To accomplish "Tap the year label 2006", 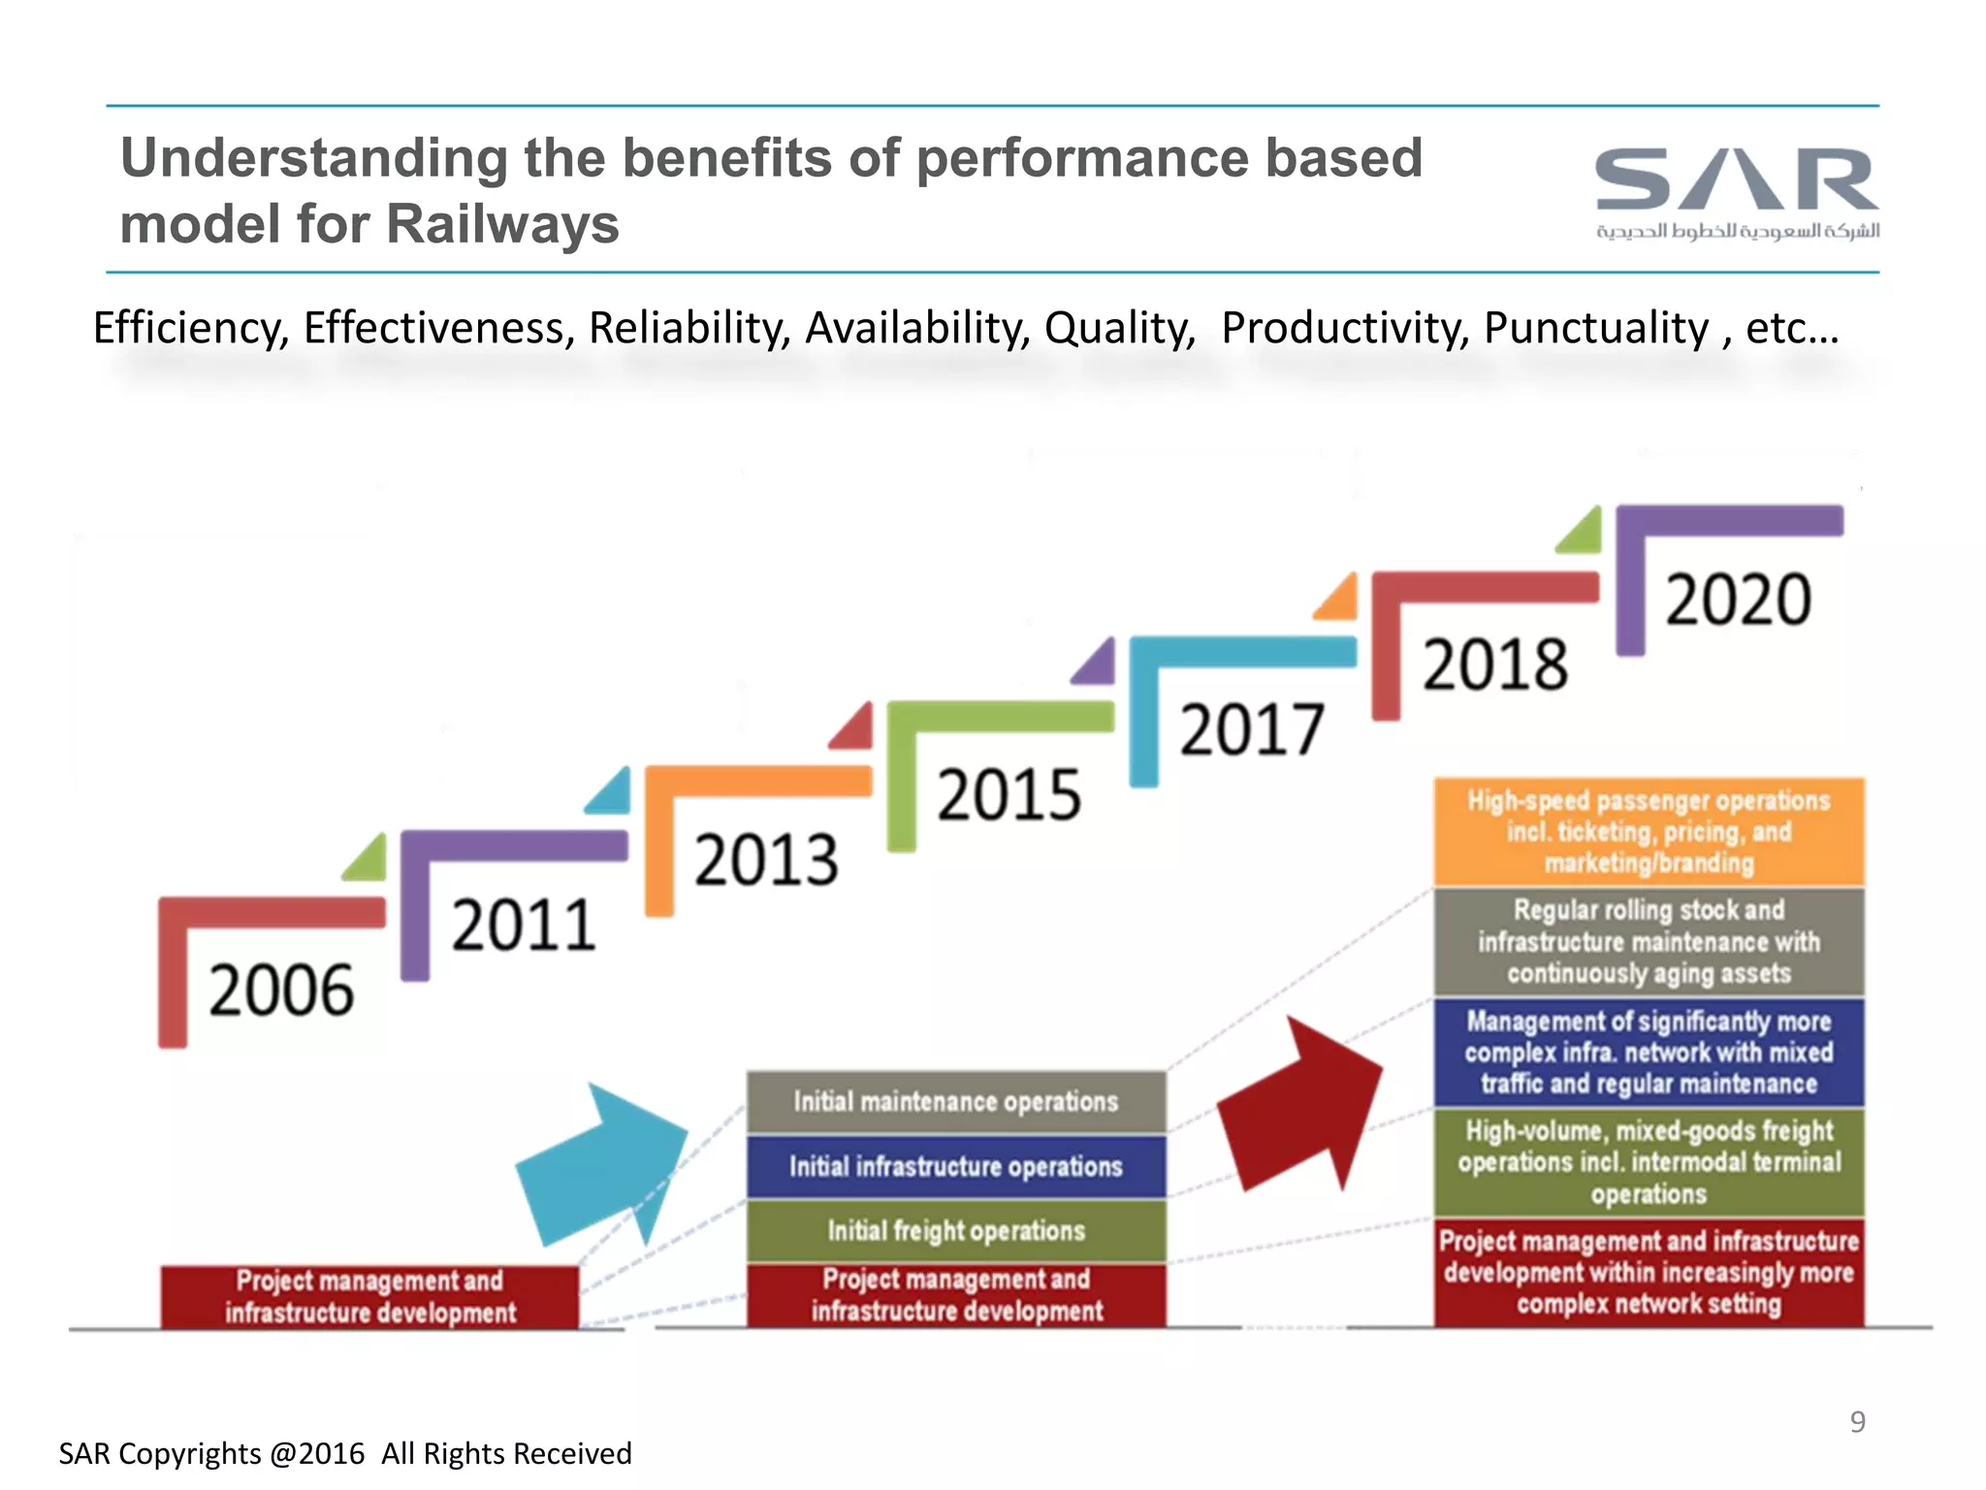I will point(281,991).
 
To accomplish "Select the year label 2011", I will point(524,925).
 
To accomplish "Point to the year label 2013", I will point(766,860).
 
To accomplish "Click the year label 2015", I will point(1009,795).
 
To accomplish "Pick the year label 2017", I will point(1251,729).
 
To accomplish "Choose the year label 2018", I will point(1494,664).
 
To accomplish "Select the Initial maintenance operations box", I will point(955,1102).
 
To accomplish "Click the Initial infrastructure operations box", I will point(955,1166).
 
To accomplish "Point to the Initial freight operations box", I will point(955,1231).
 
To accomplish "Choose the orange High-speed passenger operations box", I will point(1649,831).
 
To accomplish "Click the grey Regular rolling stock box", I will point(1649,942).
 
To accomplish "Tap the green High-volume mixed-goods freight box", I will point(1649,1162).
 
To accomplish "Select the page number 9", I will point(1857,1421).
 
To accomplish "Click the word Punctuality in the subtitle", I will point(1595,328).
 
